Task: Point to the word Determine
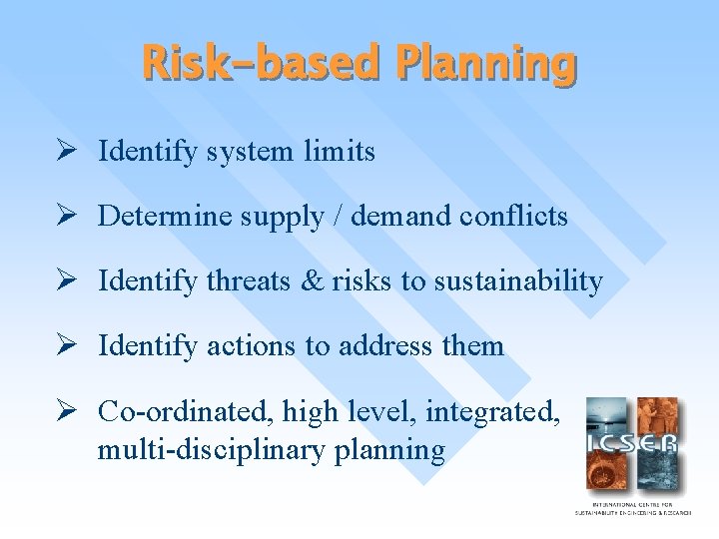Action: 165,217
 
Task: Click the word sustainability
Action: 517,281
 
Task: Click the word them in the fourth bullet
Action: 472,346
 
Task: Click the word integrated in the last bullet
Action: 504,411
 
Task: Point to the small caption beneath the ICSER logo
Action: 631,508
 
